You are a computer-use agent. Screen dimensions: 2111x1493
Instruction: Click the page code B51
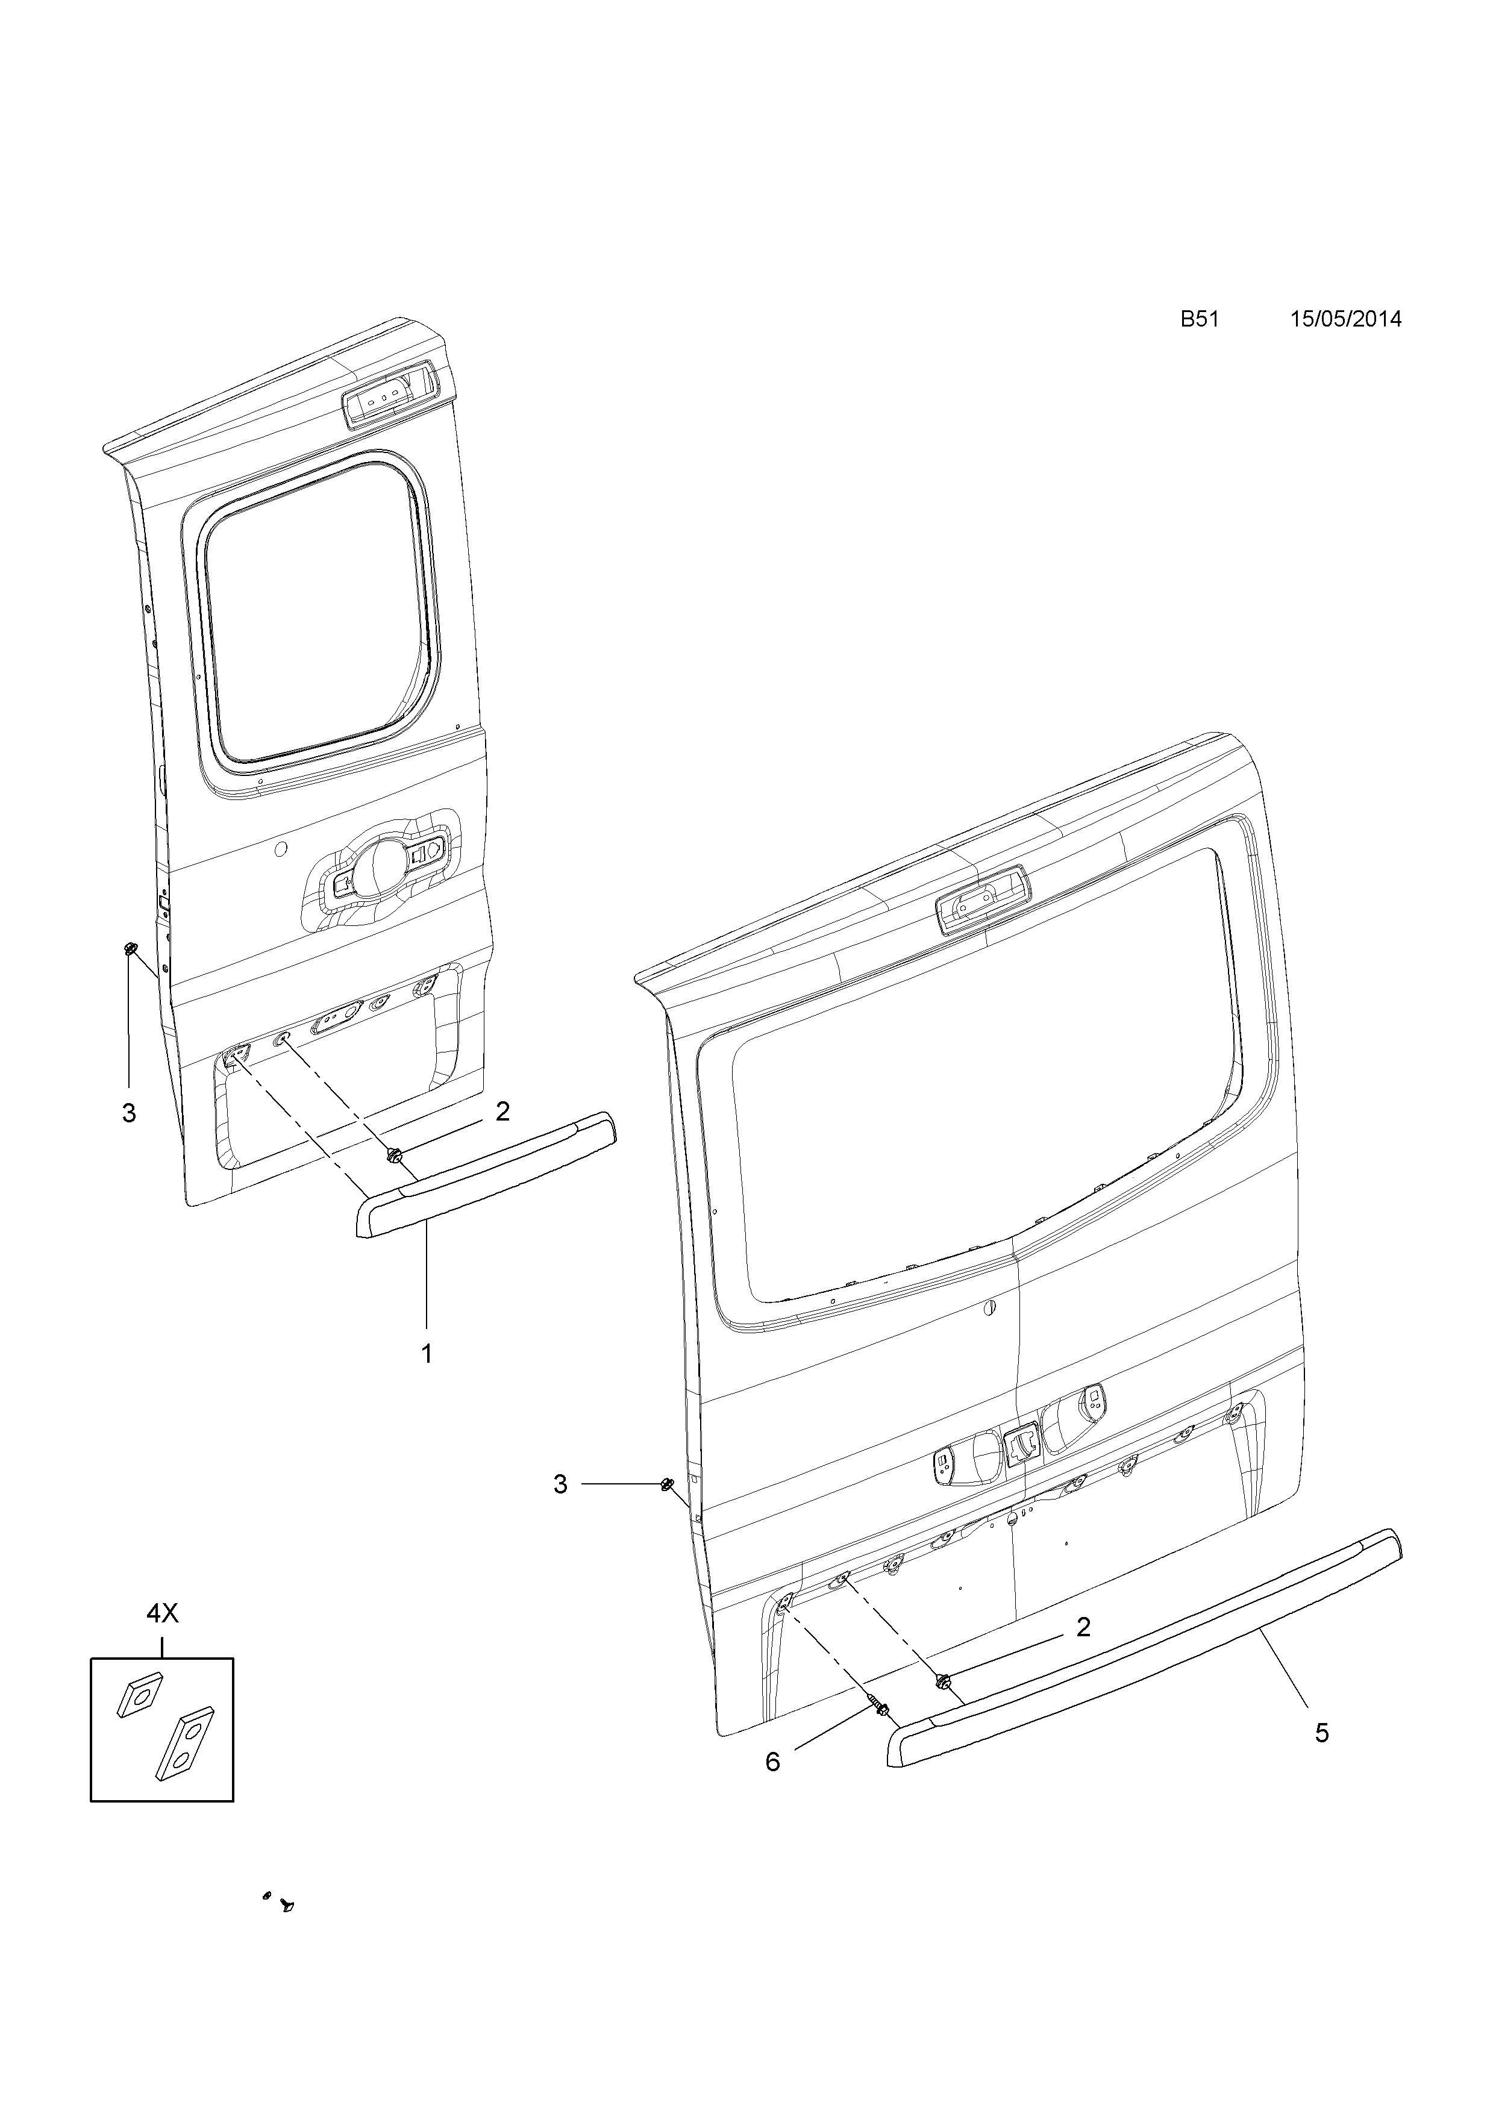point(1199,319)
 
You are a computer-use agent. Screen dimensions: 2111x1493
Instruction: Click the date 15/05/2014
point(1346,319)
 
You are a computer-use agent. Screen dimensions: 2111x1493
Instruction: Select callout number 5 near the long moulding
point(1321,1733)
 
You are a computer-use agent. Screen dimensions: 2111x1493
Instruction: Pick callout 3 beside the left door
point(129,1113)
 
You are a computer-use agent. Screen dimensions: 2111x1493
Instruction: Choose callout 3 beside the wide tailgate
point(560,1484)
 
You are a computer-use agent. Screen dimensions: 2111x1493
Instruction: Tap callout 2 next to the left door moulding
point(502,1112)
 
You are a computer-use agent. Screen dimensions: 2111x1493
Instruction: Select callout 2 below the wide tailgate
point(1083,1627)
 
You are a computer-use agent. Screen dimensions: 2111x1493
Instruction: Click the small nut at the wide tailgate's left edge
point(666,1483)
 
